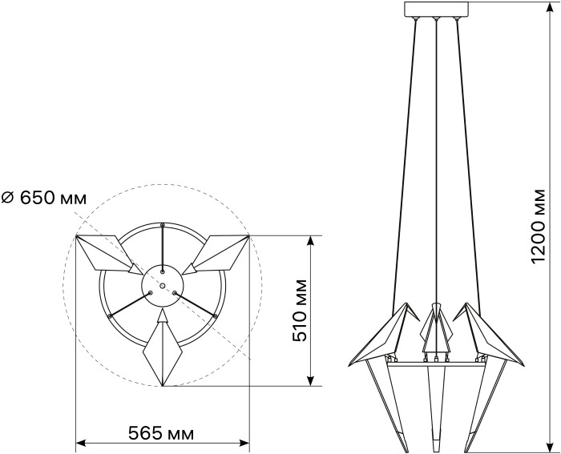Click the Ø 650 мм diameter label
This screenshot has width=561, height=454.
click(x=44, y=197)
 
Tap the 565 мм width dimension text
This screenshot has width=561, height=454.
click(x=161, y=433)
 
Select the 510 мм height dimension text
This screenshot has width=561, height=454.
click(x=300, y=311)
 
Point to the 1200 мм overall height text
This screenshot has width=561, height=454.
click(x=538, y=227)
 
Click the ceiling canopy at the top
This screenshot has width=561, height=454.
click(x=436, y=10)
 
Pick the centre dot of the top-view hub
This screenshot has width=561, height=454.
click(x=163, y=286)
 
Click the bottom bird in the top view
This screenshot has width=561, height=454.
click(x=163, y=348)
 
